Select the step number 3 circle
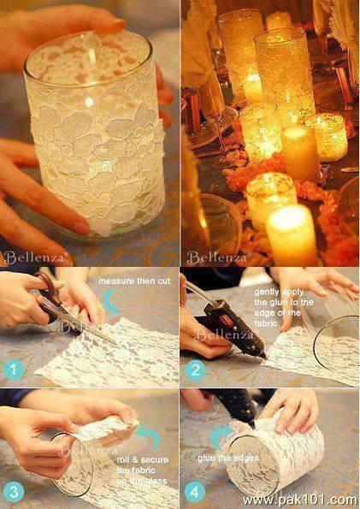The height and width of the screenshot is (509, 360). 14,492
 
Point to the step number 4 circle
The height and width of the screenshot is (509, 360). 195,493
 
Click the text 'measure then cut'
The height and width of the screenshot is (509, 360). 134,281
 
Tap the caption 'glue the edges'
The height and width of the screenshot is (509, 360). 228,458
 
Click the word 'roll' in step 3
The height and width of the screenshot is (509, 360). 122,459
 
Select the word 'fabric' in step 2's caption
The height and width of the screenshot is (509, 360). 266,323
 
